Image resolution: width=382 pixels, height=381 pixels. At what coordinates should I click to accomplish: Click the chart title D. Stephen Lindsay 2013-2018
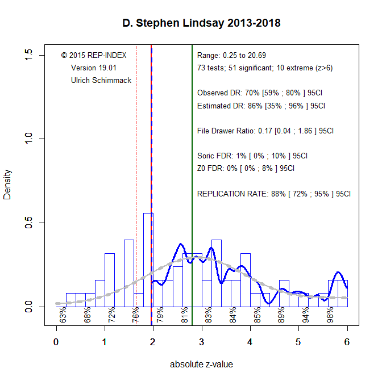click(x=201, y=24)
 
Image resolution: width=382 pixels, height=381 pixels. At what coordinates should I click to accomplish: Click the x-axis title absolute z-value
click(x=201, y=365)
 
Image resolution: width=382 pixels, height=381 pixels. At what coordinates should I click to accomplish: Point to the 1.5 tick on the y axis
click(x=29, y=55)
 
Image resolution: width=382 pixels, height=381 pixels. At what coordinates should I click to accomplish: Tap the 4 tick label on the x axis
click(x=250, y=341)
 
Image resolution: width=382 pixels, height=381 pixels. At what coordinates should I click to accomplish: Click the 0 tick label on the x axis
click(x=56, y=341)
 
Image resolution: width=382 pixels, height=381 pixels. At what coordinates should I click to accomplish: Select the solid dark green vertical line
click(x=192, y=170)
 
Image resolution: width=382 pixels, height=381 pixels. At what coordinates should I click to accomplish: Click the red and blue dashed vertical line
click(x=151, y=142)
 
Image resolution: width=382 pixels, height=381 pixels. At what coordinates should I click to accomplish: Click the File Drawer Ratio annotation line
click(x=265, y=131)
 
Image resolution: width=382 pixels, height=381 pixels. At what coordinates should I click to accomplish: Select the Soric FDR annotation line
click(x=252, y=156)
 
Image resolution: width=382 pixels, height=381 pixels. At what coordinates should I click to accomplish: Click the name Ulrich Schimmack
click(x=101, y=81)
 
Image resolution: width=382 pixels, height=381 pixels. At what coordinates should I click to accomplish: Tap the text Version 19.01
click(x=94, y=68)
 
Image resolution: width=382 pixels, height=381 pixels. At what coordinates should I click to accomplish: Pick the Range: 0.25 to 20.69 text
click(x=231, y=56)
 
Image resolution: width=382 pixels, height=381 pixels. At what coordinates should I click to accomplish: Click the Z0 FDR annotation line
click(x=246, y=168)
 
